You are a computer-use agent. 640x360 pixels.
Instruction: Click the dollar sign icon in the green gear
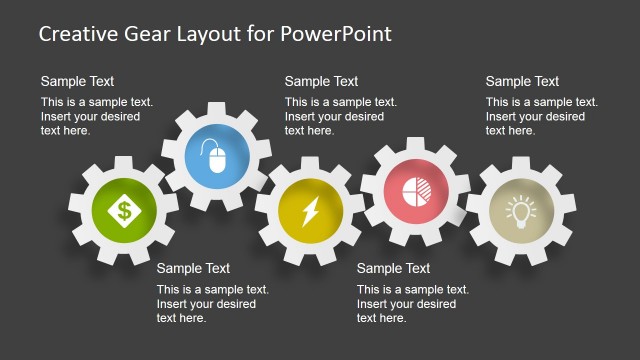point(124,211)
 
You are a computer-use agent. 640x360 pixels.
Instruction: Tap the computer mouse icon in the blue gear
point(217,156)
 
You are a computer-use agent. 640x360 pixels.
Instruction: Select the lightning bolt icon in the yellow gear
point(309,212)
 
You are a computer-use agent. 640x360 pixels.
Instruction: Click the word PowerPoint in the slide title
point(336,33)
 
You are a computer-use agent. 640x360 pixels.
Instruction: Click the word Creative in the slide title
point(78,33)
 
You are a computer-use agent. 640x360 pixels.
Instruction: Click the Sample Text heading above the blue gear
point(77,81)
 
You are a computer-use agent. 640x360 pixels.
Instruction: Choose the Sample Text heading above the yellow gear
point(321,81)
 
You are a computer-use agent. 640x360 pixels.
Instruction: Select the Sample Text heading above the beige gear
point(522,81)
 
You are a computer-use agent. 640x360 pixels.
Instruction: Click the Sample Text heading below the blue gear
point(193,268)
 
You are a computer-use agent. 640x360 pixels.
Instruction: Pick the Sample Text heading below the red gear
point(393,268)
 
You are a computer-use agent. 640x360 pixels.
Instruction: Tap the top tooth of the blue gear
point(217,105)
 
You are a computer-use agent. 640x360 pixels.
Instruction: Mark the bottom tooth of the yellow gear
point(309,263)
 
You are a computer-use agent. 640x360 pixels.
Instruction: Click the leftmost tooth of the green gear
point(73,211)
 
